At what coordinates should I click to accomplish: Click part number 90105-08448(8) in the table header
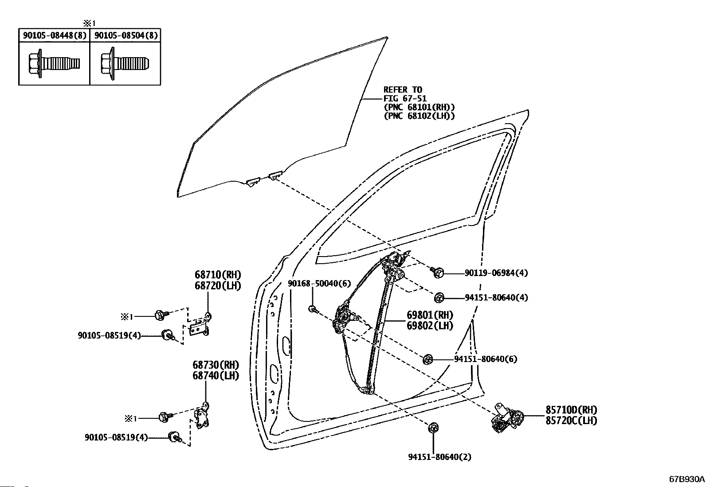55,35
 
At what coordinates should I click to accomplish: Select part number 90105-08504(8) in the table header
126,35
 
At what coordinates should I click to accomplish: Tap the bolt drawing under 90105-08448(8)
54,63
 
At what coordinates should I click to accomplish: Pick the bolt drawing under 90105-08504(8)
125,63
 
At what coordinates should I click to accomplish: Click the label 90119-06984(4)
496,273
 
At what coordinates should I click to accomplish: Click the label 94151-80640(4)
496,297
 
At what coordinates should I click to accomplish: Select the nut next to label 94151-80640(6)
428,359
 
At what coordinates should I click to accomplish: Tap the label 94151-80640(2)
439,457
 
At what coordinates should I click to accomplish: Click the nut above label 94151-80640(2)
433,428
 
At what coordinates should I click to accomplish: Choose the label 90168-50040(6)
319,284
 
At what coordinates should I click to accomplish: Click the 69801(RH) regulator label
430,315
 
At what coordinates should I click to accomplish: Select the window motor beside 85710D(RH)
507,417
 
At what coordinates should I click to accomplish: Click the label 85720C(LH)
572,421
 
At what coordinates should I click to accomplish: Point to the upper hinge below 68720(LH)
200,325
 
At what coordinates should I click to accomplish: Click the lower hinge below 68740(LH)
202,416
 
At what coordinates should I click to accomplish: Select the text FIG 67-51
405,98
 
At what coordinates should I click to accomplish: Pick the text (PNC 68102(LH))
420,116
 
